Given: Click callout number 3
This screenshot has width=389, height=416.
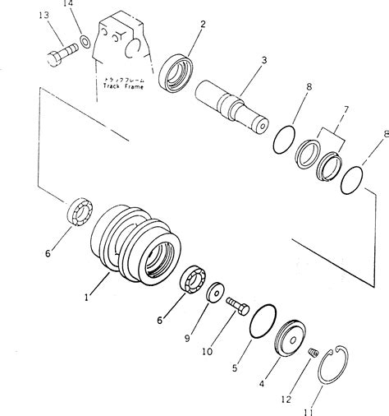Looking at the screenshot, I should coord(263,59).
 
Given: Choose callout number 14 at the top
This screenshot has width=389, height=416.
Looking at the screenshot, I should coord(69,6).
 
